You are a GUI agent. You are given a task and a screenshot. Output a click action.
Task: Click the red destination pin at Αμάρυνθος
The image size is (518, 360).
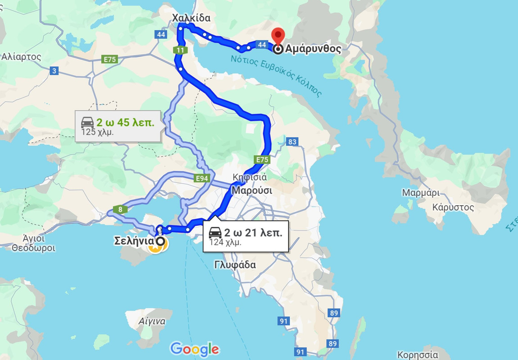[x=279, y=36]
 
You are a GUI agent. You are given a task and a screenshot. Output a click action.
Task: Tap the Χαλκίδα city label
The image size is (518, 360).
[x=191, y=18]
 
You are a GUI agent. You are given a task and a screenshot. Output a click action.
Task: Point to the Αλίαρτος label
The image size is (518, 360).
[x=21, y=57]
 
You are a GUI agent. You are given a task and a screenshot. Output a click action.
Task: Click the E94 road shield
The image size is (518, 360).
[x=203, y=179]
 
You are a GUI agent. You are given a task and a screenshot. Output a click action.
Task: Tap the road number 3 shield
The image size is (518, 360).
[x=54, y=70]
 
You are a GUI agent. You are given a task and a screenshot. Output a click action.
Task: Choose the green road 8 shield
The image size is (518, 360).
[x=121, y=209]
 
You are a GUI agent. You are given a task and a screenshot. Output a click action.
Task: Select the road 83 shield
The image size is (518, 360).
[x=293, y=142]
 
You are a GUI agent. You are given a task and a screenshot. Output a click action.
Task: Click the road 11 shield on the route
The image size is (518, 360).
[x=180, y=50]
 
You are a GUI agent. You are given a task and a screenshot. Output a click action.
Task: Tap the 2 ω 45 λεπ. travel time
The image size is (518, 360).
[x=125, y=122]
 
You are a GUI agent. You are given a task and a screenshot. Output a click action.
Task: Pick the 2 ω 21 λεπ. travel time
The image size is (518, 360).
[x=252, y=232]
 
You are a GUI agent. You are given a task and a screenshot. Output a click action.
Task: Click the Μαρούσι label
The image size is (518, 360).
[x=252, y=190]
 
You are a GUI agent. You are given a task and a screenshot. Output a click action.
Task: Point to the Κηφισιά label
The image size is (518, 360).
[x=250, y=177]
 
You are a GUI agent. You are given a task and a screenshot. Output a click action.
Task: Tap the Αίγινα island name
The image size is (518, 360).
[x=152, y=321]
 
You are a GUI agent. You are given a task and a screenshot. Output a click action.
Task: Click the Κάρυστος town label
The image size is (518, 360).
[x=453, y=207]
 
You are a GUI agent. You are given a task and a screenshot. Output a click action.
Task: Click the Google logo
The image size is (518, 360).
[x=194, y=349]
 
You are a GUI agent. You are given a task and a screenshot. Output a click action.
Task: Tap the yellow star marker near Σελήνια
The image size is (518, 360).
[x=156, y=246]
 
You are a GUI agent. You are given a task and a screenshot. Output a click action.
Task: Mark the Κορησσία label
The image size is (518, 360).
[x=418, y=355]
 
